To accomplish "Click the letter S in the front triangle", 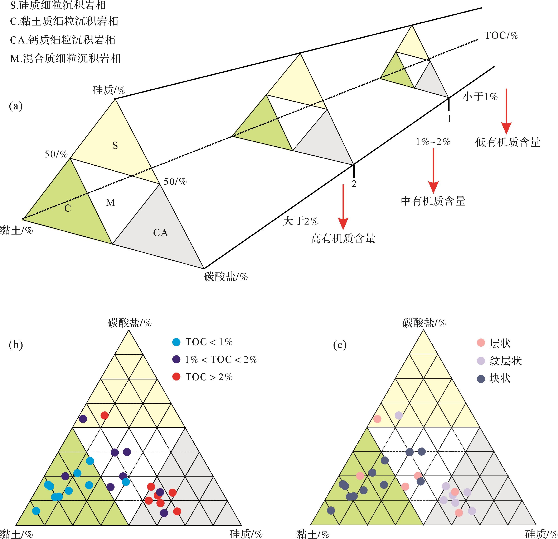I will pos(115,146).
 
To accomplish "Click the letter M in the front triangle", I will pos(111,202).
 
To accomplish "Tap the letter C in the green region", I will pos(67,209).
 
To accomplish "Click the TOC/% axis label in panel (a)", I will pos(501,36).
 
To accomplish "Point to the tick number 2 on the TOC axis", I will pos(354,184).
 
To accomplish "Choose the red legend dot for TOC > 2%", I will pos(176,377).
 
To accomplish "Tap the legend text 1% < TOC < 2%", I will pos(221,359).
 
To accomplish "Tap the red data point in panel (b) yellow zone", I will pos(105,416).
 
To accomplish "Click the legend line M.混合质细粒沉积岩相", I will pos(65,58).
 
